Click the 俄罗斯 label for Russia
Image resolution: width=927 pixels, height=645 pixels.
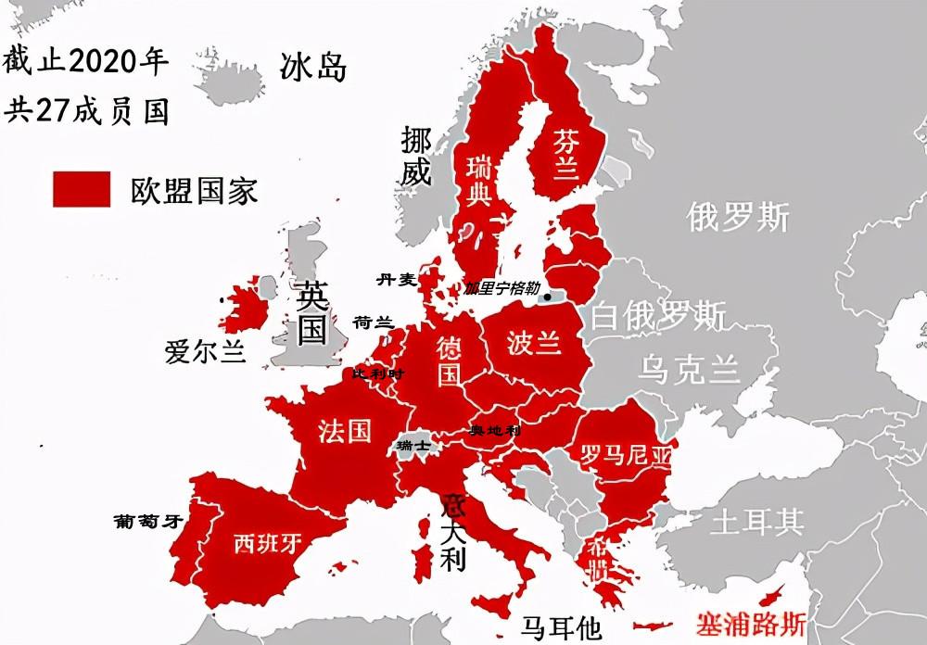pyautogui.click(x=738, y=217)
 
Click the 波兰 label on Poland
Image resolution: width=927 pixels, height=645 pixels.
pyautogui.click(x=534, y=342)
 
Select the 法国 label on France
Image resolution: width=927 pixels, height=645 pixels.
pyautogui.click(x=344, y=430)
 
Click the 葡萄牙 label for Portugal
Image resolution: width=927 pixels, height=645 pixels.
pyautogui.click(x=146, y=521)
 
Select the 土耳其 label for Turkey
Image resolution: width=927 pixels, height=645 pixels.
pyautogui.click(x=756, y=522)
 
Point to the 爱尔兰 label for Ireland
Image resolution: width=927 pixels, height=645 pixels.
pyautogui.click(x=205, y=352)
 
